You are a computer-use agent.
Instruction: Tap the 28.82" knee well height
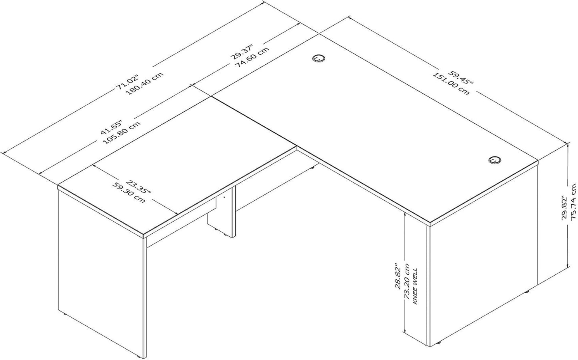[398, 276]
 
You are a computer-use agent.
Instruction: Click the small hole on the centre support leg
[224, 197]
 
